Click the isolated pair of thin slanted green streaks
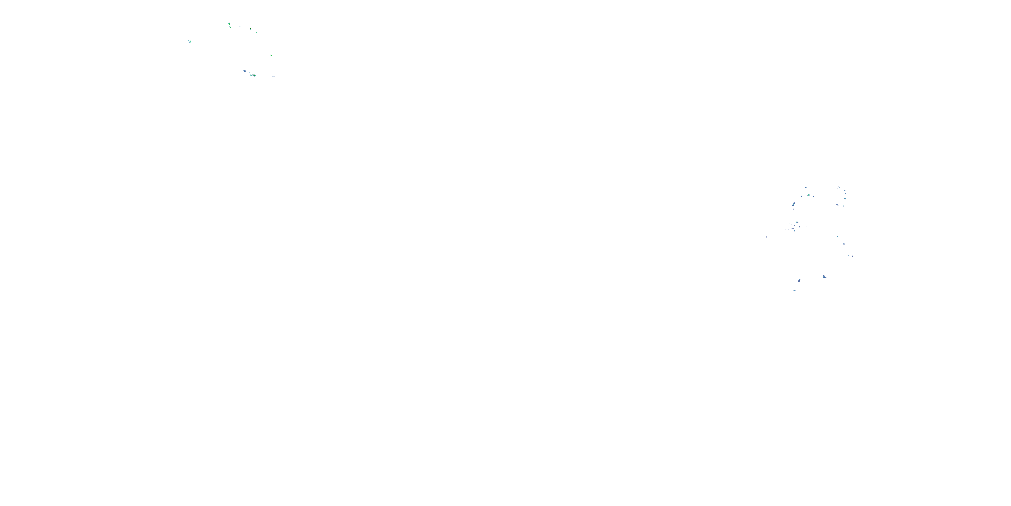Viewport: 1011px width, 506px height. click(x=189, y=41)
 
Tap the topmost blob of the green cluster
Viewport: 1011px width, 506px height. click(x=229, y=24)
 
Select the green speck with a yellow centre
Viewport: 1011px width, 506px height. click(x=250, y=29)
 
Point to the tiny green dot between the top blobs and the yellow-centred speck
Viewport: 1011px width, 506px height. click(x=240, y=27)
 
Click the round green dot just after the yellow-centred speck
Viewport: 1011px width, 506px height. click(x=256, y=32)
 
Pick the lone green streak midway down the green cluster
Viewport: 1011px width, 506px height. click(x=271, y=55)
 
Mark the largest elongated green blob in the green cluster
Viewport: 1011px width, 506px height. click(x=254, y=75)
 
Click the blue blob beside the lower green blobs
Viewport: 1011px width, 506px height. click(x=245, y=71)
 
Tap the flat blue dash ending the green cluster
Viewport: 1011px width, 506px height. click(x=274, y=77)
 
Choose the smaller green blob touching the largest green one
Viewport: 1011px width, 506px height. click(x=250, y=75)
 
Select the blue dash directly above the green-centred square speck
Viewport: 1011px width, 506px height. click(x=806, y=188)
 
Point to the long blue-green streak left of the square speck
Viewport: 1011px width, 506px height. click(x=794, y=204)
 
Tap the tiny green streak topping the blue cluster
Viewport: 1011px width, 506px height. click(x=839, y=187)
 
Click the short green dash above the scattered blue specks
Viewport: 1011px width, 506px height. click(x=797, y=222)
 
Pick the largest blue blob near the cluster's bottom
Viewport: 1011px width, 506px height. click(x=824, y=277)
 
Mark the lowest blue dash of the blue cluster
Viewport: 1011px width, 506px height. click(x=794, y=290)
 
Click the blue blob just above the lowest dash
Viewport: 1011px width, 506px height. click(x=799, y=281)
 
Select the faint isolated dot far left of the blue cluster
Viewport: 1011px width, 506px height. click(x=766, y=237)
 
